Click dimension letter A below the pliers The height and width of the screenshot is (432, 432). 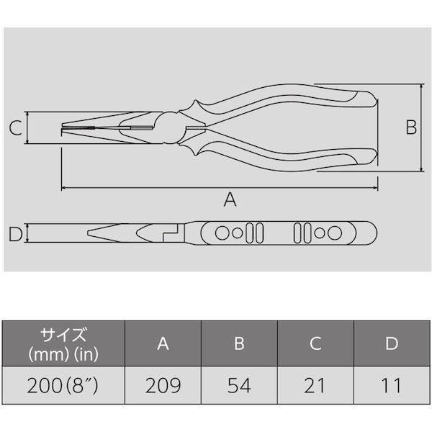(x=230, y=199)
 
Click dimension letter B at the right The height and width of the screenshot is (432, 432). (x=411, y=127)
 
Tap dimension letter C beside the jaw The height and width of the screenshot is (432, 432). (x=16, y=128)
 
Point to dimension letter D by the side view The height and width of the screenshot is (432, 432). (x=15, y=234)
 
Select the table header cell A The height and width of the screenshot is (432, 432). (x=163, y=343)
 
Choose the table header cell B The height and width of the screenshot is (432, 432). (x=239, y=343)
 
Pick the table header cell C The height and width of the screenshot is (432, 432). (x=315, y=343)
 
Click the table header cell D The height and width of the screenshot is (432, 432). (x=392, y=343)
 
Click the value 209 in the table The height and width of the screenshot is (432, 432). (x=163, y=385)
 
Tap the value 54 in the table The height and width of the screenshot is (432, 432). (x=239, y=385)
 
